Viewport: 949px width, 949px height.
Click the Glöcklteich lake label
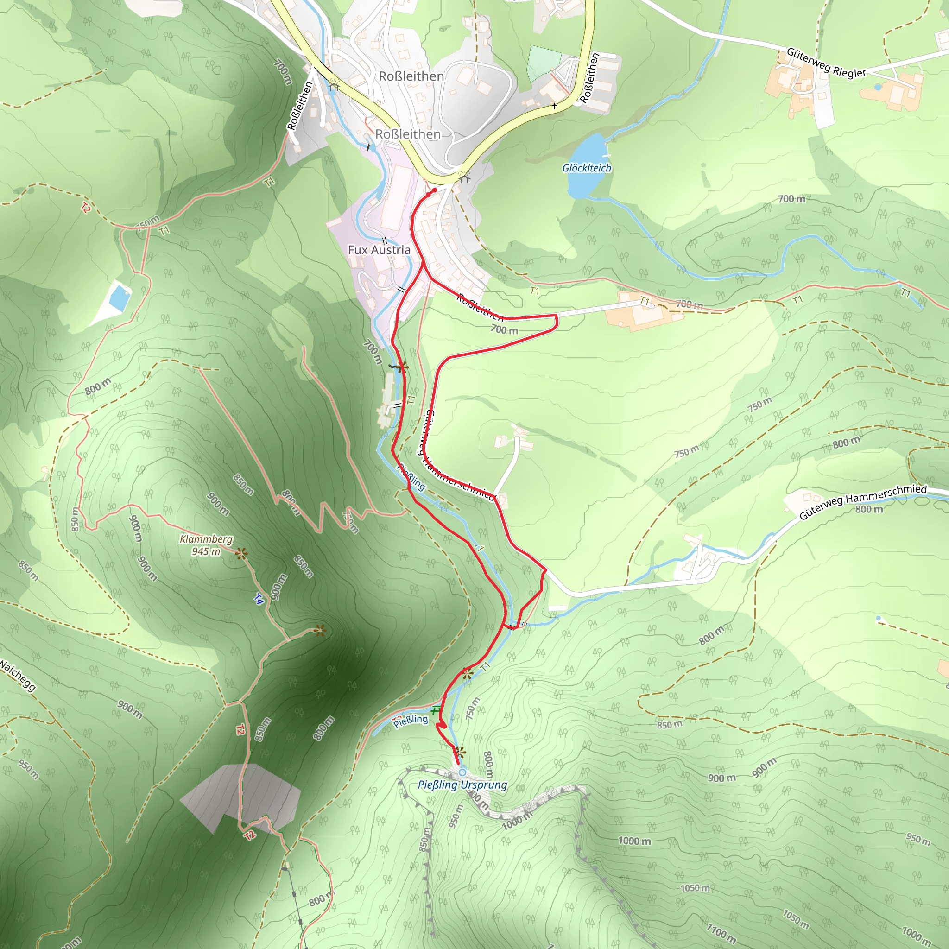click(587, 168)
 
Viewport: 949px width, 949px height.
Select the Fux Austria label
click(379, 250)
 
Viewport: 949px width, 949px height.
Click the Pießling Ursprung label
click(462, 785)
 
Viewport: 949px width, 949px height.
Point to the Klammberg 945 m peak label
click(206, 545)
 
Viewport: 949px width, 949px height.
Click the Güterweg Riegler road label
click(826, 63)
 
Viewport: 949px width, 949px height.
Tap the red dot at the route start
click(434, 190)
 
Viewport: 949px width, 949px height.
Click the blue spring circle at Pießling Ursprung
click(462, 772)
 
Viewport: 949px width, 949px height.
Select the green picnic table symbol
click(436, 710)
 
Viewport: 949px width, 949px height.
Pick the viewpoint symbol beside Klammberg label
click(240, 554)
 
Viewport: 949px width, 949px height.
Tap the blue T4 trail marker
click(259, 598)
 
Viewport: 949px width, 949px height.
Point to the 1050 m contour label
click(695, 888)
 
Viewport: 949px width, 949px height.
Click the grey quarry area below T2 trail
click(240, 796)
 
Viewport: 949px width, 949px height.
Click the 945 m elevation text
click(206, 551)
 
